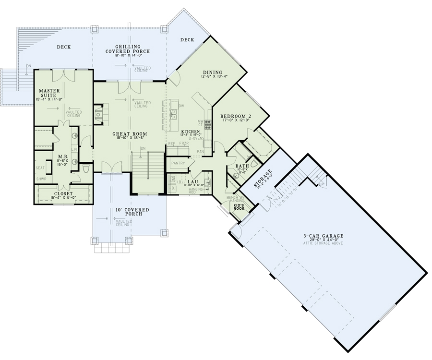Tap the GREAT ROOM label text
[130, 133]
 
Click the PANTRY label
[178, 163]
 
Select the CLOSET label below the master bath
[63, 193]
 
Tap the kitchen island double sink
[174, 114]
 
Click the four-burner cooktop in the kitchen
[208, 125]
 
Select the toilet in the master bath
[86, 169]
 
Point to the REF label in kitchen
[171, 144]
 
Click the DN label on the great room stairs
[143, 148]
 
